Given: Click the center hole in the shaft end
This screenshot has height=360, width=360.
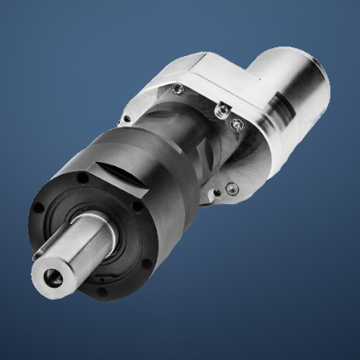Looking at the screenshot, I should tap(49, 277).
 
